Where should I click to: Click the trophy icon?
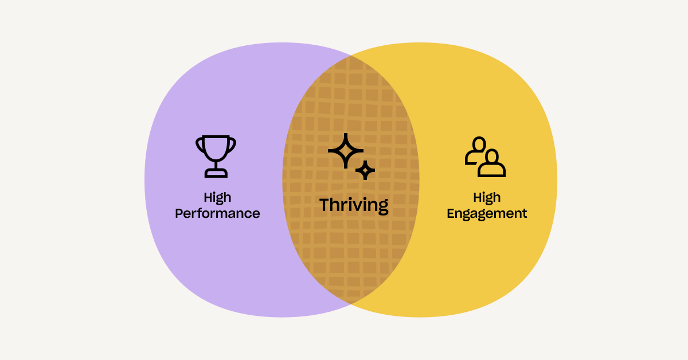click(x=216, y=156)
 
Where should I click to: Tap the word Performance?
click(x=217, y=213)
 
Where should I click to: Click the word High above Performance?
click(x=217, y=198)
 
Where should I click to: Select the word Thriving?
click(x=354, y=205)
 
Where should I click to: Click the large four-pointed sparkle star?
click(x=346, y=151)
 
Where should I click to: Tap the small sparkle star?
click(x=365, y=170)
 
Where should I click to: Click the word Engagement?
click(x=487, y=214)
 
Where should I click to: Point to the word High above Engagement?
click(x=487, y=198)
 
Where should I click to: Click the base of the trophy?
click(x=216, y=173)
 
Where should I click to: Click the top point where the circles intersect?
click(x=351, y=56)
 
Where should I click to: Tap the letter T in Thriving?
click(x=326, y=205)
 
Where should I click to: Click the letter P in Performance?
click(x=179, y=213)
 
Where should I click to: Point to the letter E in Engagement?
click(x=451, y=213)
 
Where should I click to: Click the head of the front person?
click(x=492, y=156)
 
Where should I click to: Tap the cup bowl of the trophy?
click(x=216, y=147)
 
